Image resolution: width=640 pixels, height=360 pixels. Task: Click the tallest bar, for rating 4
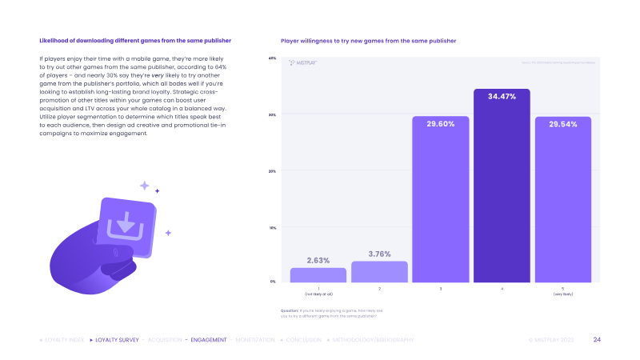click(x=502, y=186)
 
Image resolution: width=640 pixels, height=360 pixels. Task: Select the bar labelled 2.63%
click(x=318, y=274)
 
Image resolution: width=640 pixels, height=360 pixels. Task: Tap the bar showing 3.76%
click(x=379, y=272)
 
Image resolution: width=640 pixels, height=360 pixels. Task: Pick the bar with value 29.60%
click(x=441, y=200)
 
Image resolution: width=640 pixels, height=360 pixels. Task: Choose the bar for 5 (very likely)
click(x=562, y=200)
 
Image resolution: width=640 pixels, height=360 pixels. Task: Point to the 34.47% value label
click(x=502, y=96)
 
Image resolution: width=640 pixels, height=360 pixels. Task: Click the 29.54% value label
click(x=562, y=125)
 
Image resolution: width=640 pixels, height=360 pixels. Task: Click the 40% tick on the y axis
click(x=272, y=58)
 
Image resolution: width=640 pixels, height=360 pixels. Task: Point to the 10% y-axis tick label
click(x=272, y=227)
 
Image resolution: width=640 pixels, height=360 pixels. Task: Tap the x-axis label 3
click(x=441, y=288)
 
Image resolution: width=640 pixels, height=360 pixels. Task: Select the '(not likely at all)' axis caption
click(x=318, y=294)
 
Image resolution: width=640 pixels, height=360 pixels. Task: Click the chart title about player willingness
click(x=368, y=40)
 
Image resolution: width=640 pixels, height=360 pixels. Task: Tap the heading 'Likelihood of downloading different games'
click(x=135, y=40)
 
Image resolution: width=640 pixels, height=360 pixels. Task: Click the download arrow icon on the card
click(x=126, y=222)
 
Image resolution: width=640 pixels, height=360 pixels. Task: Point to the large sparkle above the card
click(x=145, y=186)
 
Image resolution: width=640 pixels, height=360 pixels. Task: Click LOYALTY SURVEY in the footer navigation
click(x=116, y=340)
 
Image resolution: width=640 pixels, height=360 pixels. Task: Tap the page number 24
click(x=597, y=340)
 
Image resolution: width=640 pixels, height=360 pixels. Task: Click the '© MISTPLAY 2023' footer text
click(x=551, y=340)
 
